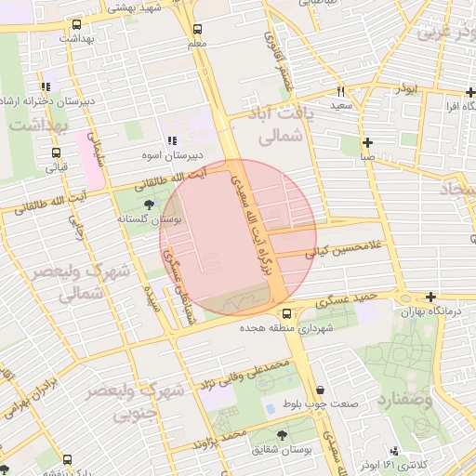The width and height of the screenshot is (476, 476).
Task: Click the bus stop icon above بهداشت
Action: (x=75, y=25)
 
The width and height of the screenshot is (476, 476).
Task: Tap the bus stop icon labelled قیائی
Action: (x=57, y=153)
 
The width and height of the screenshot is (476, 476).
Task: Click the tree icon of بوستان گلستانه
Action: (x=150, y=204)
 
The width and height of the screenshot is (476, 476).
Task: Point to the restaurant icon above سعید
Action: (x=341, y=92)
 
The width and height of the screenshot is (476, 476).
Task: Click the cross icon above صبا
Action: (x=369, y=142)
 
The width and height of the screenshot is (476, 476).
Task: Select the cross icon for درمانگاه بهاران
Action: (x=430, y=297)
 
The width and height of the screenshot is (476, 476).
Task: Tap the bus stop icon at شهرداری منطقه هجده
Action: (x=286, y=314)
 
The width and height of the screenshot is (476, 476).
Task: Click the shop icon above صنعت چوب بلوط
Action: (x=321, y=390)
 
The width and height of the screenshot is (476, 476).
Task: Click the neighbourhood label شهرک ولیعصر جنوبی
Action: (x=132, y=402)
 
